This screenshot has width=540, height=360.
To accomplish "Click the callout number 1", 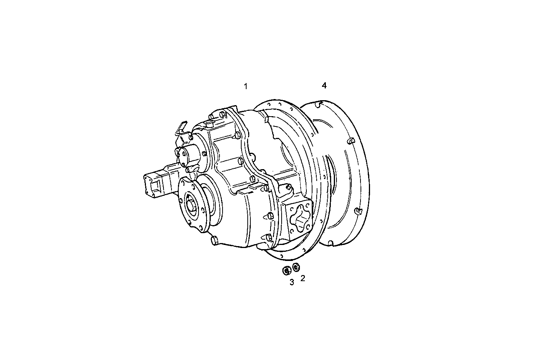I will pos(246,86).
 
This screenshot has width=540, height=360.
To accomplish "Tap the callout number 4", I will pos(324,86).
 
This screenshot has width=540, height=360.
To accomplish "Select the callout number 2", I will pos(303,278).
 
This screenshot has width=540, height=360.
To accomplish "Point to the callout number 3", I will pos(292,282).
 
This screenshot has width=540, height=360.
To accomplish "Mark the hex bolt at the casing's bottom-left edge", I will pos(214,240).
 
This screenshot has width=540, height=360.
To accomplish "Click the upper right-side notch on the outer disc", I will pos(351,142).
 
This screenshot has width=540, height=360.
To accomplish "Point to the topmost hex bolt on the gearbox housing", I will pos(222,114).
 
